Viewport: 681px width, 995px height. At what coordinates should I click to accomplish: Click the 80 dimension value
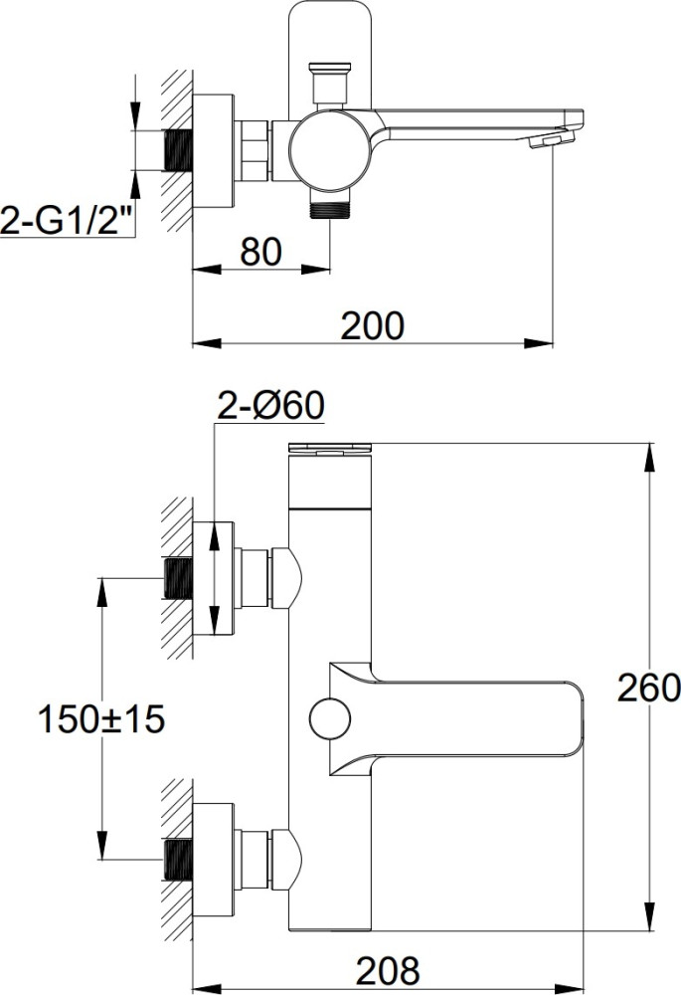tap(260, 252)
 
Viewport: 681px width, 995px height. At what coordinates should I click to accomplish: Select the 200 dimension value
tap(372, 325)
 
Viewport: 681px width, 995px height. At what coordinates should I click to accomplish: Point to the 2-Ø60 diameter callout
tap(270, 405)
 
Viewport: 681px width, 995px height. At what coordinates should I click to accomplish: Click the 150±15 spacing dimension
tap(101, 719)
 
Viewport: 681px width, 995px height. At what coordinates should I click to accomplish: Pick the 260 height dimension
tap(648, 688)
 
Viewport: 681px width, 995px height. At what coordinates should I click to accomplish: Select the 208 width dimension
tap(388, 970)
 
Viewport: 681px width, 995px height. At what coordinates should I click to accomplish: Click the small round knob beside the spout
tap(330, 719)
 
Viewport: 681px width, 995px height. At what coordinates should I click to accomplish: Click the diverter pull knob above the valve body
tap(329, 83)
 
